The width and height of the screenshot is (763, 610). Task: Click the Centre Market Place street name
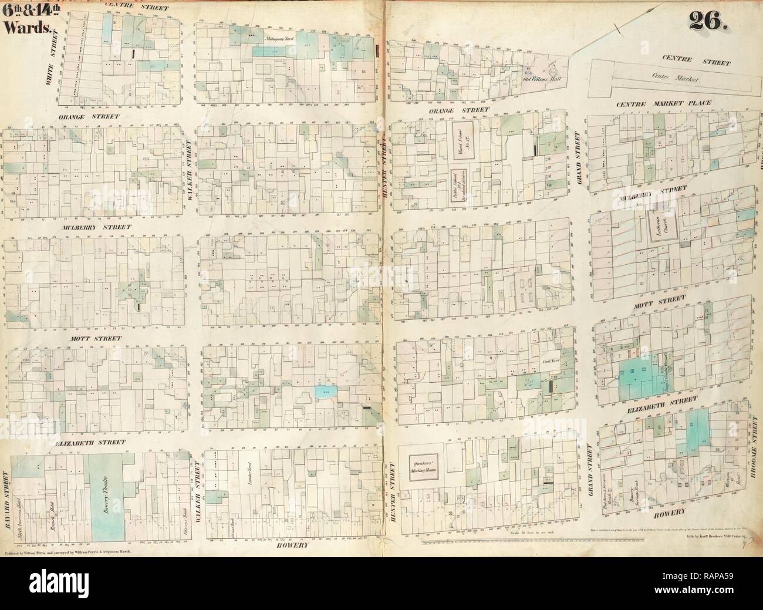click(x=663, y=103)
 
